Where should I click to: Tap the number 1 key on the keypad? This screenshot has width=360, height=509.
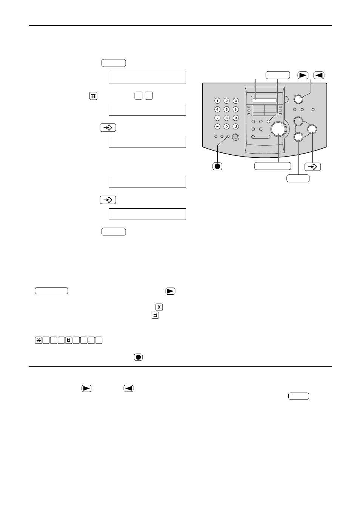[217, 101]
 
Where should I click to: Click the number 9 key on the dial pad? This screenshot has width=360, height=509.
[236, 118]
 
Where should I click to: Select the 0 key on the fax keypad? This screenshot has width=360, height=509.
[226, 126]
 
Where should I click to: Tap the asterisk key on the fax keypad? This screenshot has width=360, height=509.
[217, 126]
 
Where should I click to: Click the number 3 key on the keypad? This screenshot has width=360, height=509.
[236, 101]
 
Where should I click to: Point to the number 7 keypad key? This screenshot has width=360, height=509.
[217, 118]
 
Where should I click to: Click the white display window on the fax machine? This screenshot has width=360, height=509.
[264, 100]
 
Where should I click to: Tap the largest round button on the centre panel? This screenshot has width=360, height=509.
[278, 129]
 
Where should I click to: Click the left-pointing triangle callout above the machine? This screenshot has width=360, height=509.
[319, 75]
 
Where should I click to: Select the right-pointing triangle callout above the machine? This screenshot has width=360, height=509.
[303, 75]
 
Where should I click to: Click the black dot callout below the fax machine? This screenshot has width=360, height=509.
[217, 166]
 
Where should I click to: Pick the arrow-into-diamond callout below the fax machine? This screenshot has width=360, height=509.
[312, 167]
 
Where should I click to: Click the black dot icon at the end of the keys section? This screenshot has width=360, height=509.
[138, 357]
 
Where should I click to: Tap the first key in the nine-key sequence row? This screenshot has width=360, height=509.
[38, 340]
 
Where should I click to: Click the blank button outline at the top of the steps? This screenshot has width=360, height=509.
[114, 63]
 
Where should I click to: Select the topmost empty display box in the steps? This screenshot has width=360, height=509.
[147, 77]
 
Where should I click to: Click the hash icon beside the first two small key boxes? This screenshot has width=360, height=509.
[93, 96]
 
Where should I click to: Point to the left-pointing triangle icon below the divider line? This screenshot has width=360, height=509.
[128, 388]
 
